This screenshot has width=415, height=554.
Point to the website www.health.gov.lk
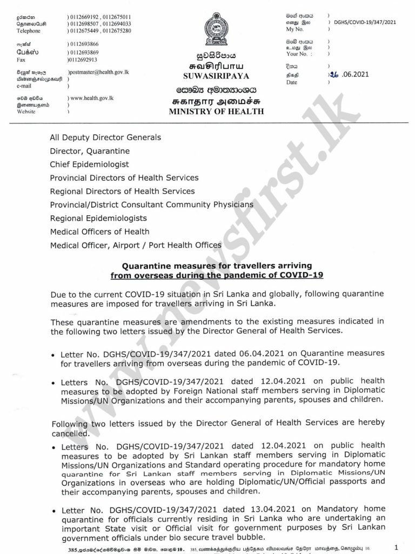(x=91, y=98)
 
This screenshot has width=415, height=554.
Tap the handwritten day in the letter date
(x=333, y=76)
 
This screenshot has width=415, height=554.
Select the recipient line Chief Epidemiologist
(x=89, y=164)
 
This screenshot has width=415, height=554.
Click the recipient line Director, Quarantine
(x=90, y=151)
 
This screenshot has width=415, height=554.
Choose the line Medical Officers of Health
(x=99, y=232)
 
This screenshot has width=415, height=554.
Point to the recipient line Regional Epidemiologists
(x=98, y=218)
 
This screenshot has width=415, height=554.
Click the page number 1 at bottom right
(x=397, y=548)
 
